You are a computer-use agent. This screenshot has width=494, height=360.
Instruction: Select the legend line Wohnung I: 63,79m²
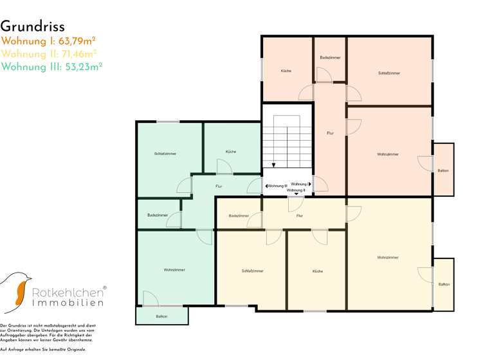point(48,41)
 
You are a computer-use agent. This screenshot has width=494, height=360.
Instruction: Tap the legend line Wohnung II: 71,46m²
point(49,54)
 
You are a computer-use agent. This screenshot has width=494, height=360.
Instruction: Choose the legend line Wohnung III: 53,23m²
point(51,66)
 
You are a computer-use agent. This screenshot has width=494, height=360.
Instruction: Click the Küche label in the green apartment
point(231,152)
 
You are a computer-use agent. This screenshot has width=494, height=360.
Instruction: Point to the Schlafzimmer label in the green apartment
point(165,154)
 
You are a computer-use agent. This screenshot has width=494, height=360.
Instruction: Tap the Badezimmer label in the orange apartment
point(330,58)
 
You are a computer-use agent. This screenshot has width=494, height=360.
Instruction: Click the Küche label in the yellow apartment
point(318,271)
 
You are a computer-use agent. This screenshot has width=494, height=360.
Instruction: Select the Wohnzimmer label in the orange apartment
point(388,154)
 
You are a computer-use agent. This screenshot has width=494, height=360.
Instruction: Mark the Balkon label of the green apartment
point(161,316)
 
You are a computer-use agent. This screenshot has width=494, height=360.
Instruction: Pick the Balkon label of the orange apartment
point(443,170)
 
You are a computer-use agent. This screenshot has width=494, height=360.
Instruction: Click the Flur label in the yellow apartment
point(299,216)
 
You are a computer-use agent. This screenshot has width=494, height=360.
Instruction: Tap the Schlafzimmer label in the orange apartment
point(389,73)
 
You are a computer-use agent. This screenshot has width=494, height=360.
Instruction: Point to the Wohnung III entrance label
point(277,186)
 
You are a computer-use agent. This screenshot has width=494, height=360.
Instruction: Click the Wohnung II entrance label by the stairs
point(296,190)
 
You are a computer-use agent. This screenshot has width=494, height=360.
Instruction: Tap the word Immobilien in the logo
point(68,303)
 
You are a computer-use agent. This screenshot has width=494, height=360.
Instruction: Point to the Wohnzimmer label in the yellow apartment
point(388,257)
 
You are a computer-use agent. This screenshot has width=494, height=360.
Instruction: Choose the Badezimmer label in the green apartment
point(158,215)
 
